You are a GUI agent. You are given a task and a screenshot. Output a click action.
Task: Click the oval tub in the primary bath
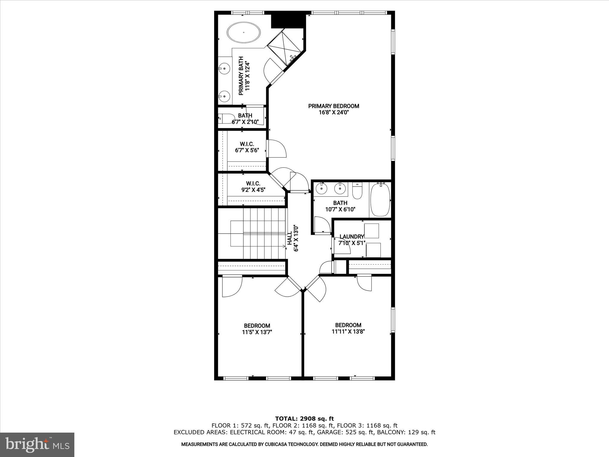[x=244, y=32]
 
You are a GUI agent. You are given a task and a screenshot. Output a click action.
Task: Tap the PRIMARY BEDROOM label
[x=333, y=106]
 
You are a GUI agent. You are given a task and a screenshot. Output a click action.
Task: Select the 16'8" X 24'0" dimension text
[x=333, y=113]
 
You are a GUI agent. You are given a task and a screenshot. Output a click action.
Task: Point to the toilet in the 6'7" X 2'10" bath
[x=223, y=118]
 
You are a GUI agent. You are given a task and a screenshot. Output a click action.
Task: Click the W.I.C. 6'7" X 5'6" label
[x=247, y=147]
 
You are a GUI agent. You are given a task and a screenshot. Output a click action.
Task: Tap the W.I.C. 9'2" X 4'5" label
[x=253, y=186]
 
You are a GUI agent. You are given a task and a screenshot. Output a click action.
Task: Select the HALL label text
[x=289, y=239]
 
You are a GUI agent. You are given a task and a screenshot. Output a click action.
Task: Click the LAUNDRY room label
[x=351, y=237]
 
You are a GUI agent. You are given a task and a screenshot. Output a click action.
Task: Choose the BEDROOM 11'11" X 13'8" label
[x=348, y=328]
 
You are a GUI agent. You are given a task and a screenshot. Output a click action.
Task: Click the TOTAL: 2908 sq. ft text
[x=304, y=419]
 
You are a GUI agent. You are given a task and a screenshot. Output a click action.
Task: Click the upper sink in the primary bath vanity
[x=225, y=69]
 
